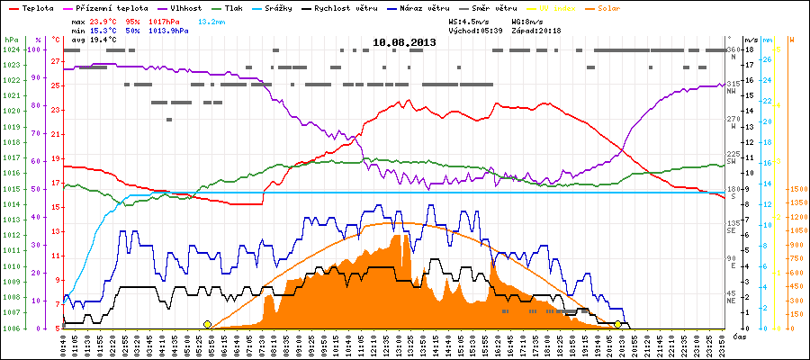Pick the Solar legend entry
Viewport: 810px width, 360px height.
tap(621, 7)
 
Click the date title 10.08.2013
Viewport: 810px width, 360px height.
tap(405, 41)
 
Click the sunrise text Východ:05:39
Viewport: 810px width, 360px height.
tap(482, 30)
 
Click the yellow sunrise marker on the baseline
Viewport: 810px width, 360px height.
tap(208, 324)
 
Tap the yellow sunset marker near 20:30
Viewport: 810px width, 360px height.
tap(617, 324)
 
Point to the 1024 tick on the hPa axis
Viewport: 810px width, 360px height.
tap(10, 49)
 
